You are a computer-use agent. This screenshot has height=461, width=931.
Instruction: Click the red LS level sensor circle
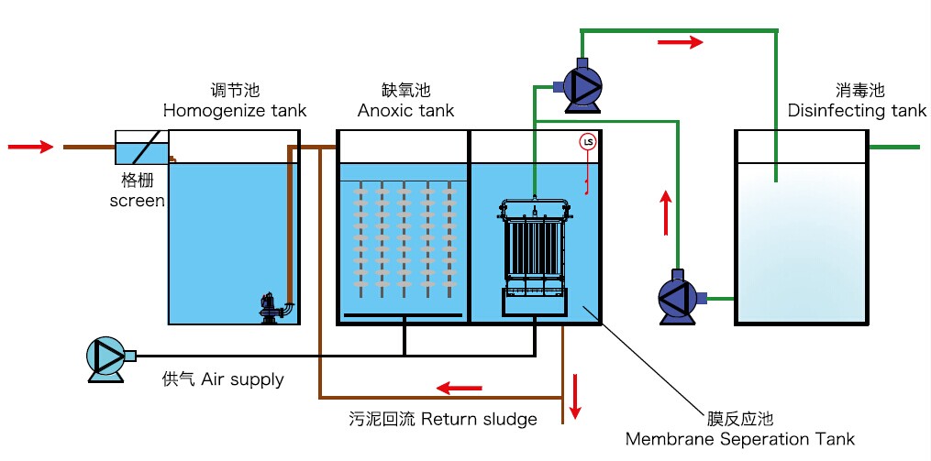588,142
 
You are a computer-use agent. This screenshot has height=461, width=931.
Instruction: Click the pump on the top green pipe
578,85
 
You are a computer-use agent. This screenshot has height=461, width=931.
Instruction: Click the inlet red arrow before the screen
30,146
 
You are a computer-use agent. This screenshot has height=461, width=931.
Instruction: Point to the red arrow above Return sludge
459,389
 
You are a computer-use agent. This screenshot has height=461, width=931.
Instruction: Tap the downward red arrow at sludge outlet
575,396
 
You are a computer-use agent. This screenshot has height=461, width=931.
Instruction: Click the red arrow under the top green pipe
681,42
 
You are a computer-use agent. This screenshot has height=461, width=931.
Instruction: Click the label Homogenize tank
235,110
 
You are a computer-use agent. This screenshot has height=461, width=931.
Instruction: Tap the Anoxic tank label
405,110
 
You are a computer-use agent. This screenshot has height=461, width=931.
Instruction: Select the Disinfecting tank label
857,110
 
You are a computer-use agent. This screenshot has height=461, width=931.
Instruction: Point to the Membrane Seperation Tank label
740,439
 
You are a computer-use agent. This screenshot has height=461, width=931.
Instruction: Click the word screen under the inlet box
138,200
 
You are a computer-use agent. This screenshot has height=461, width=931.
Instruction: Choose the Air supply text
242,379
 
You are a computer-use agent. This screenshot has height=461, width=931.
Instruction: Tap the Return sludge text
479,420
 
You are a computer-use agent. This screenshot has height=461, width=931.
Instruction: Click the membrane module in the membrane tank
535,256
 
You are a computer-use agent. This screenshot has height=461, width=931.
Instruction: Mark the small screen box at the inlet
141,148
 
